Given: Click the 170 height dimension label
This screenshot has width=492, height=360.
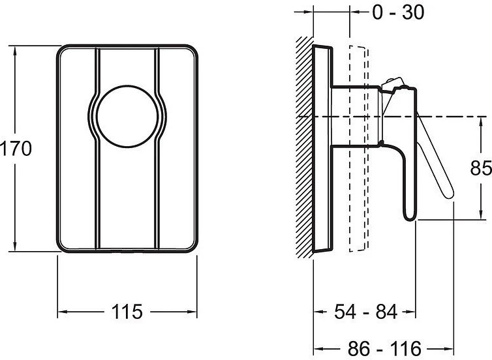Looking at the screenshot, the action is point(16,148).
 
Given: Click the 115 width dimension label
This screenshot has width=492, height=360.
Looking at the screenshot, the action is point(127,311).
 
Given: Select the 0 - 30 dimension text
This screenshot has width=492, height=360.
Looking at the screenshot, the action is point(398,12).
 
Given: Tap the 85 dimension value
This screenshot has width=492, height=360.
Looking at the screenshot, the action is point(481,168).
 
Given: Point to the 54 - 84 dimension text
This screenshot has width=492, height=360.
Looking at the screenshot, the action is point(365,311).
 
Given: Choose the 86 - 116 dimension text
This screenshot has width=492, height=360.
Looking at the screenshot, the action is point(384,348).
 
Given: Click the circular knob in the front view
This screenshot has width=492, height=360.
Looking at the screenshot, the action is point(127,116).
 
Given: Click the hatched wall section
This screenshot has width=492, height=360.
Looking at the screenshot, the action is point(305,147).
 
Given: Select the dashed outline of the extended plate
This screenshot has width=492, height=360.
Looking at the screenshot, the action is point(358,148).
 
